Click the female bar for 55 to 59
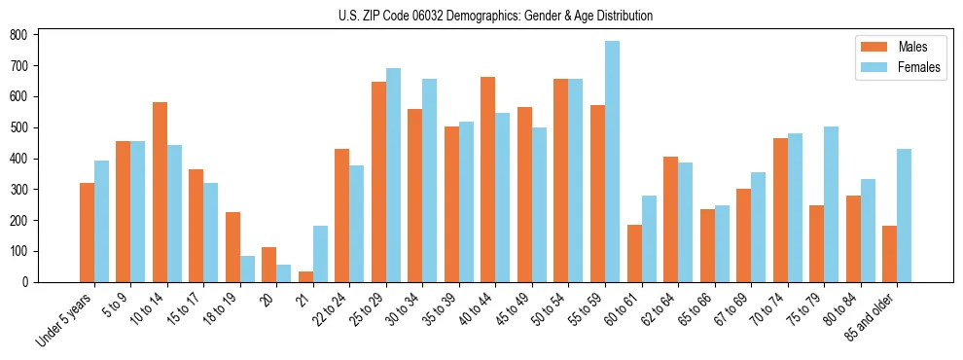point(612,162)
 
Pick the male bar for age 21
point(305,276)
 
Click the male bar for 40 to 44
point(488,179)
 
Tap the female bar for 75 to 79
point(831,204)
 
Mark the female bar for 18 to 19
point(247,269)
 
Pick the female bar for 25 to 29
point(393,175)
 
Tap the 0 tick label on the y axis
point(30,282)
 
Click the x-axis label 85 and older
point(872,316)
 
